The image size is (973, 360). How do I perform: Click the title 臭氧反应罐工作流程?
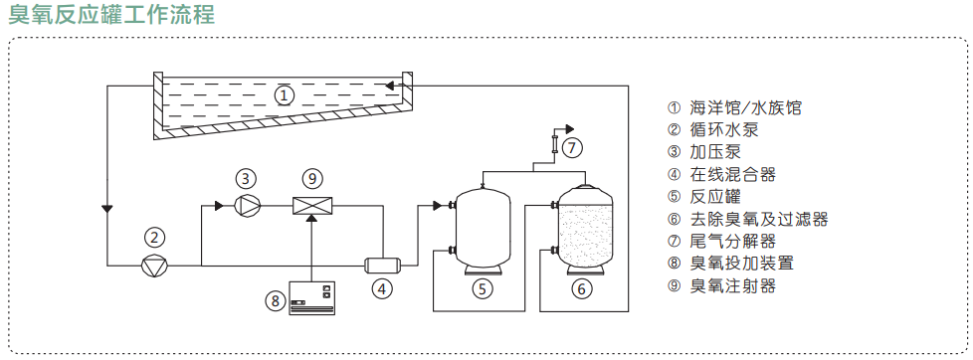[111, 14]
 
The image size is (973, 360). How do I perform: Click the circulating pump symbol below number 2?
[154, 266]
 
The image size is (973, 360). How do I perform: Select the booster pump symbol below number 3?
[246, 206]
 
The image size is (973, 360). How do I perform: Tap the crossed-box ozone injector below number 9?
[312, 205]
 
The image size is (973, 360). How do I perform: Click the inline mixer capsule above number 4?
[382, 266]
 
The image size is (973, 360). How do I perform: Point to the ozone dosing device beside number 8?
[312, 298]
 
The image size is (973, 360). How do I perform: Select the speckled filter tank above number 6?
[585, 231]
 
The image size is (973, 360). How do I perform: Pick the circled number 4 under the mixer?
[382, 288]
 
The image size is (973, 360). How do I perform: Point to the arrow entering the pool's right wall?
[392, 86]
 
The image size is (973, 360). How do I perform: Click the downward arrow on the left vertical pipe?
[107, 207]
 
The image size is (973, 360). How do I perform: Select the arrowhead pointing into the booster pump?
[219, 206]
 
